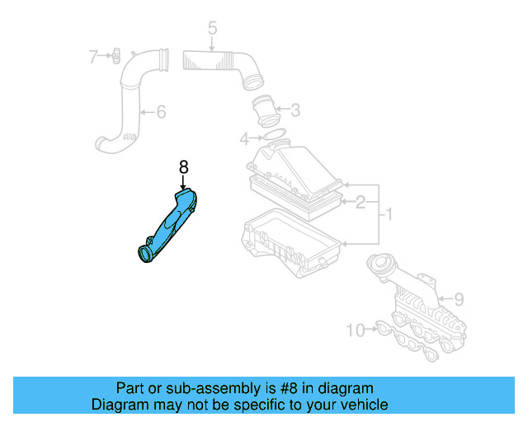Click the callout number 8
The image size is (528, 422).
183,166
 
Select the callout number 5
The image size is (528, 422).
212,30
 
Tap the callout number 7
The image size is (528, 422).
93,56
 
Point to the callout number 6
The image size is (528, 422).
162,111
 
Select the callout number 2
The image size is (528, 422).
361,200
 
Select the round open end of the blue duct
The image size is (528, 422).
145,253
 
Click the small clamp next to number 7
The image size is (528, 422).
115,56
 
